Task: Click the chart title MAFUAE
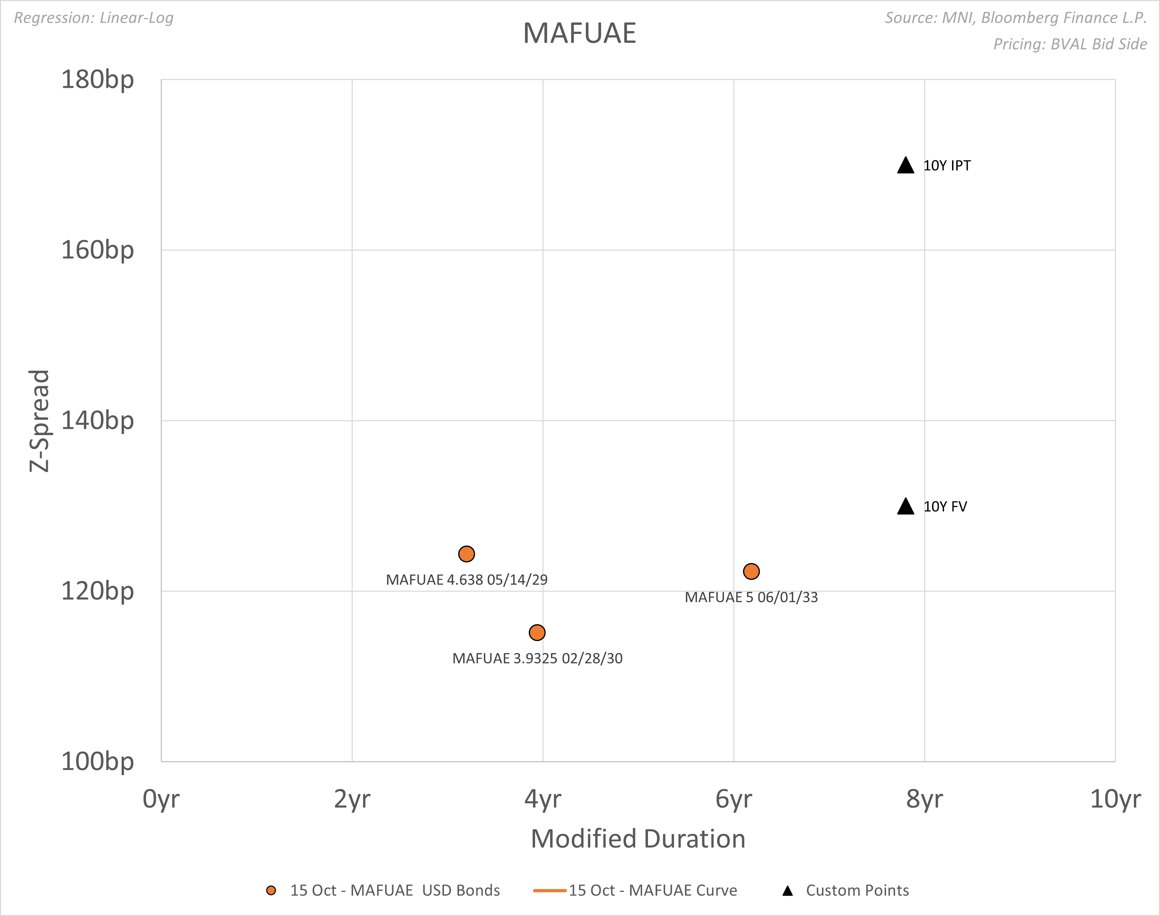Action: click(x=579, y=33)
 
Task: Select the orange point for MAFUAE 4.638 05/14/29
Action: click(x=467, y=554)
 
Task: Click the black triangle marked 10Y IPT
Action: click(x=905, y=166)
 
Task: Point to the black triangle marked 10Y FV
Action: click(x=905, y=507)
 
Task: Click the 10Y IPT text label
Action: click(x=946, y=166)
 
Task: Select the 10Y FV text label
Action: click(x=945, y=507)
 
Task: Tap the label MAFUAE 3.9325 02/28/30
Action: click(x=538, y=658)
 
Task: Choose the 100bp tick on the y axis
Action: click(x=97, y=762)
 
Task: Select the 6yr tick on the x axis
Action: click(x=733, y=799)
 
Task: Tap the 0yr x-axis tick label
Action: click(x=161, y=799)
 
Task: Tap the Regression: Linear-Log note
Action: click(x=94, y=18)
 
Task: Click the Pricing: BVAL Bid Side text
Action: click(x=1070, y=44)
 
